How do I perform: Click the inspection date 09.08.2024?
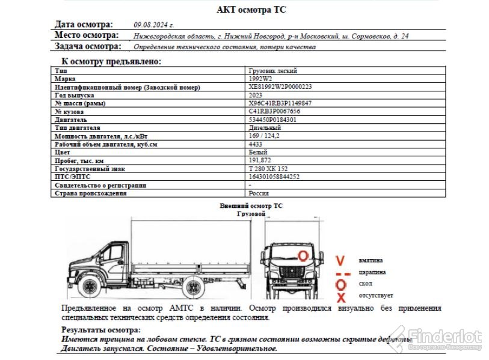pos(154,25)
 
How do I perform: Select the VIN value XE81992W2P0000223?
pos(280,87)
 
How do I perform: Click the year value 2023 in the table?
pos(255,95)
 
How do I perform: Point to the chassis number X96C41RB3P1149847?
pos(280,103)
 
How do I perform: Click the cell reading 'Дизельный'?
pos(265,128)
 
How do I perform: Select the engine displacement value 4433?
pos(255,144)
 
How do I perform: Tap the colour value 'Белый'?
pos(257,153)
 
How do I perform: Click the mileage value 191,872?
pos(260,160)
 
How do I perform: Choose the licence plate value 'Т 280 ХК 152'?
pos(268,169)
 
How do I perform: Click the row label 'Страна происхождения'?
pos(90,194)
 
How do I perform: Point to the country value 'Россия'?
pos(259,194)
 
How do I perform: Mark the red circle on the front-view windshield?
pos(304,255)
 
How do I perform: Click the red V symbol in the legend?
pos(340,261)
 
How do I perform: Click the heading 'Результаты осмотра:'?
pos(101,329)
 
